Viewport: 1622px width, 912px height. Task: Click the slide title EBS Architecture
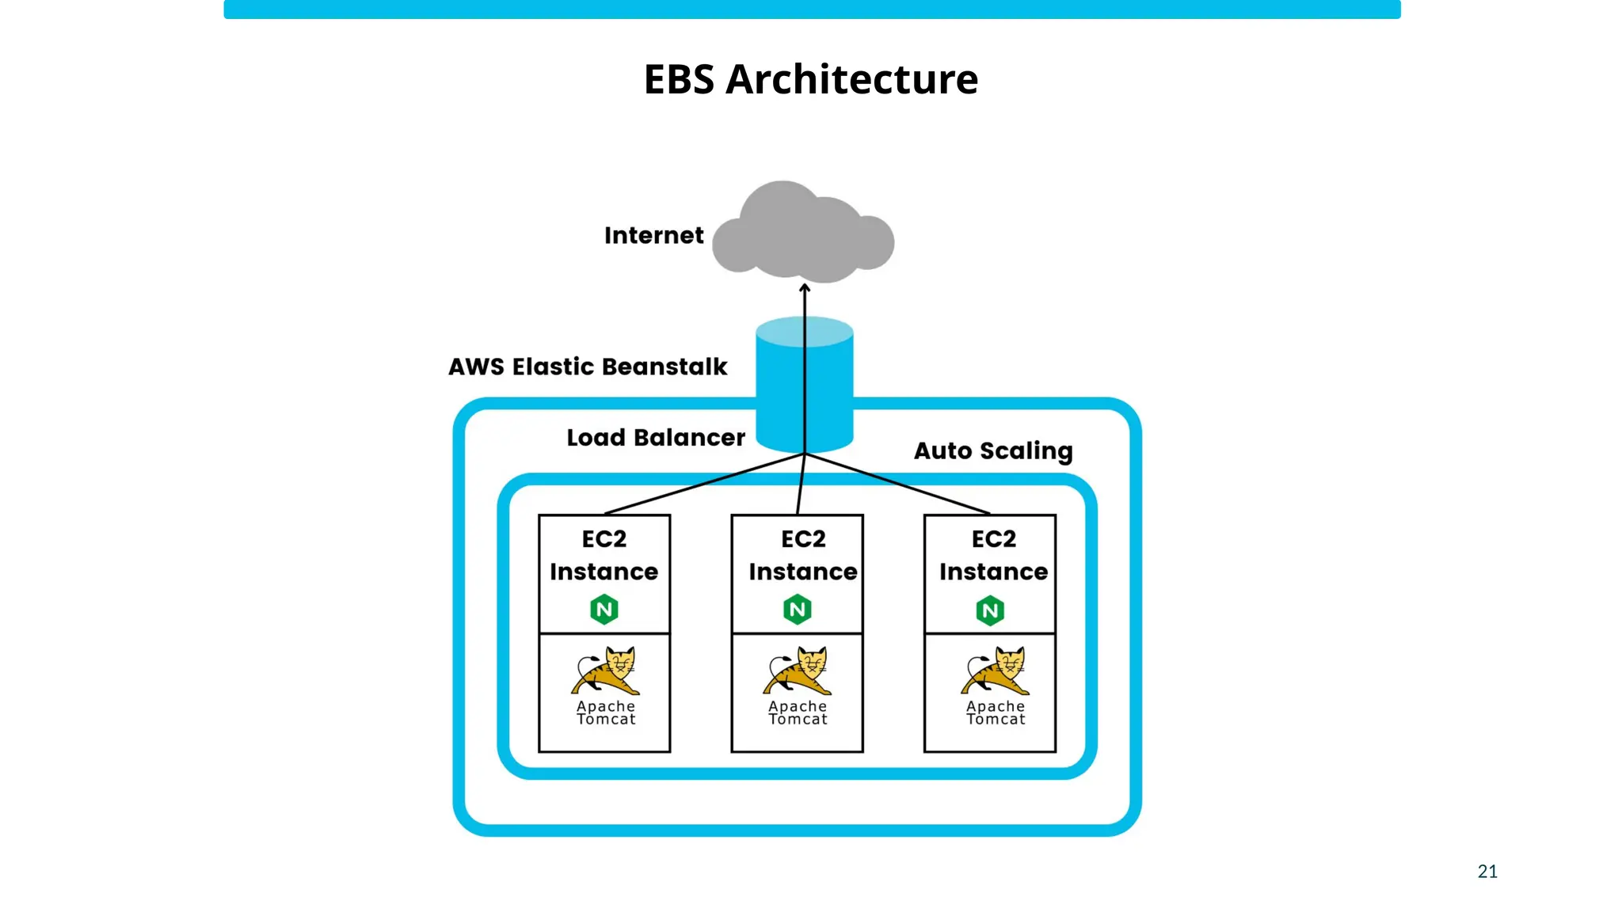click(x=810, y=79)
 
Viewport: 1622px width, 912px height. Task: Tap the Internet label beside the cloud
click(x=653, y=235)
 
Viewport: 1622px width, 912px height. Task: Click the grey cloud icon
click(x=802, y=234)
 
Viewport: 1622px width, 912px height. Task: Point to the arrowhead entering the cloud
click(x=805, y=288)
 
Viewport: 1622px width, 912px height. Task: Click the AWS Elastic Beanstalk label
click(x=587, y=367)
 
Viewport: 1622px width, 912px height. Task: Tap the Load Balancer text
click(x=655, y=437)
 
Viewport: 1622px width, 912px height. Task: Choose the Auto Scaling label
click(x=992, y=450)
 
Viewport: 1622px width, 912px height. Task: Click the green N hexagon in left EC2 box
click(x=604, y=610)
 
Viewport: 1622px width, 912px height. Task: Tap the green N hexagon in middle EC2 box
click(x=798, y=610)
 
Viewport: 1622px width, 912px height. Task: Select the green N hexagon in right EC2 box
click(x=990, y=610)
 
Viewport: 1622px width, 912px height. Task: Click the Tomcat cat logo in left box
click(x=606, y=671)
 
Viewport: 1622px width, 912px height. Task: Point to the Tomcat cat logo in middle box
click(x=798, y=671)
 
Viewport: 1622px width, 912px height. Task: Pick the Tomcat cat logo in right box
click(x=996, y=671)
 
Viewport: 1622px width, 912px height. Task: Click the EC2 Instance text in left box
click(x=603, y=555)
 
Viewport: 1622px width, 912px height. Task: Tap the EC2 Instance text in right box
click(x=993, y=555)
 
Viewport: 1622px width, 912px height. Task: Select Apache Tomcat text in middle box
click(x=798, y=712)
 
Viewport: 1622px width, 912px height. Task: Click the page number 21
click(x=1487, y=871)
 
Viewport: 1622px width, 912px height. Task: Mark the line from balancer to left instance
click(x=705, y=484)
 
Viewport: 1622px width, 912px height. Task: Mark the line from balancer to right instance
click(x=897, y=484)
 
